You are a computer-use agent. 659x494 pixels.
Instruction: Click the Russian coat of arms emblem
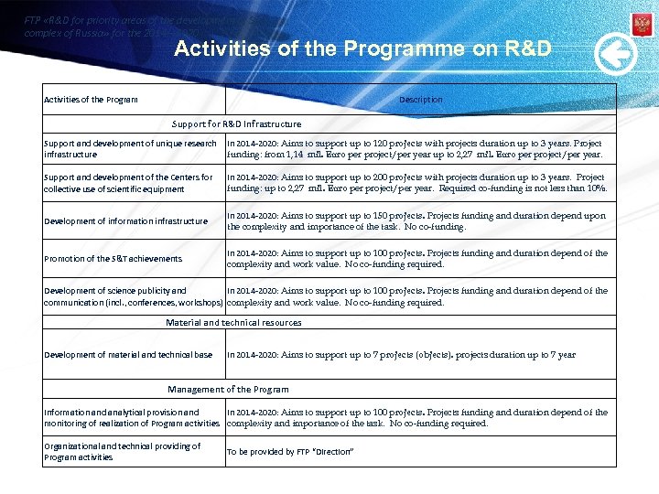point(642,25)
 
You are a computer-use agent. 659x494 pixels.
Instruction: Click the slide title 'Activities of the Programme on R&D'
point(362,48)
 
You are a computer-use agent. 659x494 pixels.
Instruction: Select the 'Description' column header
point(420,100)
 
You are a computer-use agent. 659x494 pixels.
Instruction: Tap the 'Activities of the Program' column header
point(91,100)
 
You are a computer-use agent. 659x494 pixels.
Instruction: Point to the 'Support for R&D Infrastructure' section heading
point(236,123)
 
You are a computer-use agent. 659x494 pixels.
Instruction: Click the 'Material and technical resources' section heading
point(233,323)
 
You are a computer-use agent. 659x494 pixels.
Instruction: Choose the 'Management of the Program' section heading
point(228,390)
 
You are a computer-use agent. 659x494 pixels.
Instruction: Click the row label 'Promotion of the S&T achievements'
point(113,259)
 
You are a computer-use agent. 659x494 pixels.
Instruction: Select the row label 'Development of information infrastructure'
point(125,221)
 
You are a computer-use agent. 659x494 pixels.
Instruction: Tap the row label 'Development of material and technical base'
point(128,355)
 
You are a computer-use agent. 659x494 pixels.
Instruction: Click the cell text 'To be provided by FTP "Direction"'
point(290,452)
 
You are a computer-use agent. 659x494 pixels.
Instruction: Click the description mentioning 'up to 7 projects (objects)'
point(401,355)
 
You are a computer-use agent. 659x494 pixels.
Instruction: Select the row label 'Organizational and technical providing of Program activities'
point(122,452)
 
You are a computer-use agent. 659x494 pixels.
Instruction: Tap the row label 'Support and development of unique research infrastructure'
point(130,149)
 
